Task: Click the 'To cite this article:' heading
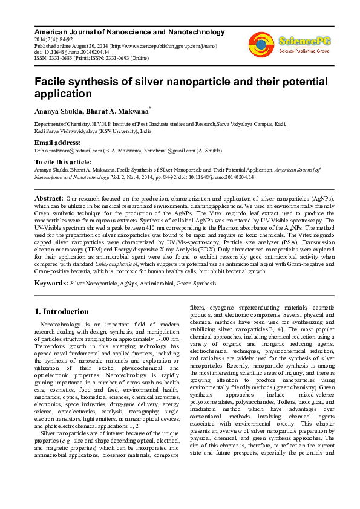pyautogui.click(x=62, y=163)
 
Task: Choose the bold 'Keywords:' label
pyautogui.click(x=51, y=282)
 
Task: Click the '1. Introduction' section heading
pyautogui.click(x=61, y=312)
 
